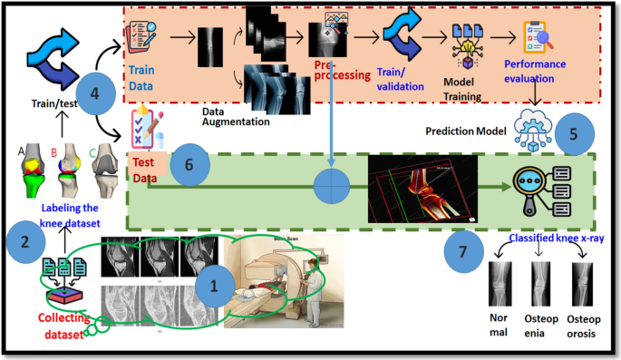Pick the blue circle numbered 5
coord(573,131)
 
